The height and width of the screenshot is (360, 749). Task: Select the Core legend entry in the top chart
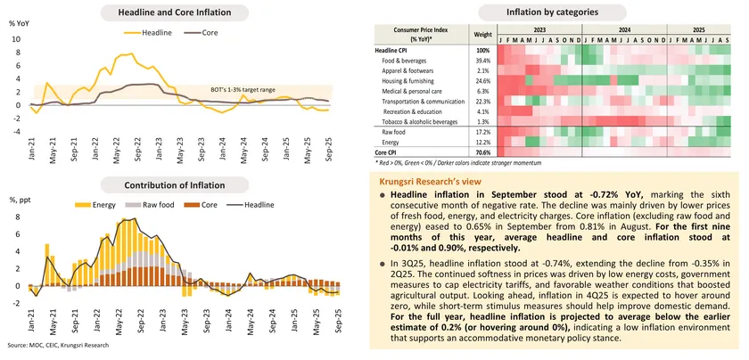pyautogui.click(x=206, y=33)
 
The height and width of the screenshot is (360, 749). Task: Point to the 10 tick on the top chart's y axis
pyautogui.click(x=14, y=39)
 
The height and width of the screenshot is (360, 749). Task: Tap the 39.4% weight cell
pyautogui.click(x=483, y=60)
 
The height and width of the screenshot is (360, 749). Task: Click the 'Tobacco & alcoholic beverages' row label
pyautogui.click(x=432, y=121)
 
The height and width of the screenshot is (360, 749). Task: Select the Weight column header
pyautogui.click(x=483, y=34)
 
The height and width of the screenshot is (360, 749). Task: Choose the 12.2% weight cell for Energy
pyautogui.click(x=483, y=142)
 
